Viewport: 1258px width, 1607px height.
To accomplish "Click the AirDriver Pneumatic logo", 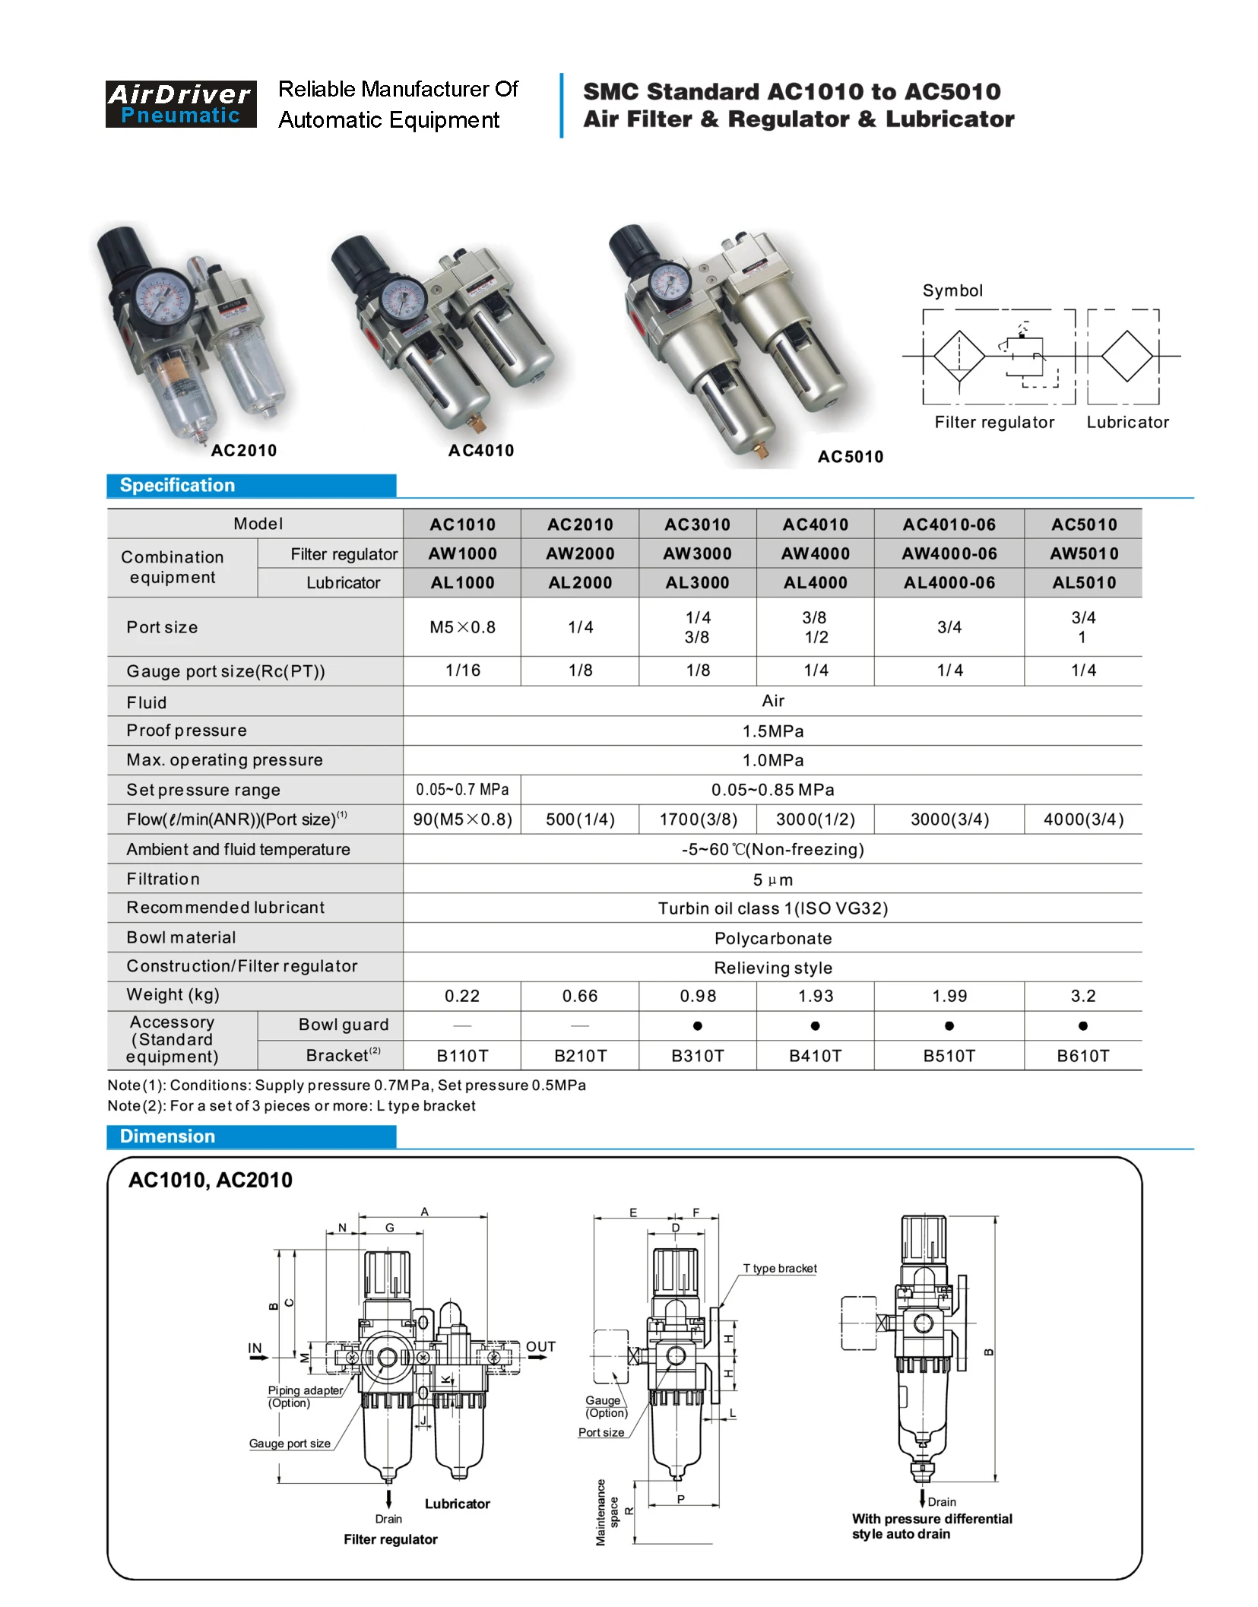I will tap(181, 104).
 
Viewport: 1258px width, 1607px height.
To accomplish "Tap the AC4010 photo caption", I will tap(480, 451).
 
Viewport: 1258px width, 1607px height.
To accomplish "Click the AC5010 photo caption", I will tap(850, 457).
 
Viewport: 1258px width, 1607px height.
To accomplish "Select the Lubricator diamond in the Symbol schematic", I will tap(1126, 356).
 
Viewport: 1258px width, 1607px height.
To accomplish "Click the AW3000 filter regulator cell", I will tap(697, 553).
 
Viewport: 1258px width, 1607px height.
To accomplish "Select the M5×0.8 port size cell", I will tap(462, 627).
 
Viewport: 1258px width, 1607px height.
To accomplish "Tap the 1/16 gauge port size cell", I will tap(462, 670).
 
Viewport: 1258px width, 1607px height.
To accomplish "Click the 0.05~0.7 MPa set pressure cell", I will tap(462, 790).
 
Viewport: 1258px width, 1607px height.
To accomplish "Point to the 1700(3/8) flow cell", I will tap(697, 819).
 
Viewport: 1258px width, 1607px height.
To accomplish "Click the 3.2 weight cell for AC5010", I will tap(1082, 996).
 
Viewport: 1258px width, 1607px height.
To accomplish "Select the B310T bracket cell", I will tap(697, 1056).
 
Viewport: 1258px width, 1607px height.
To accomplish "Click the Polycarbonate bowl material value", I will tap(772, 938).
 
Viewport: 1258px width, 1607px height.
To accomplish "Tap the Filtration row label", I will tap(163, 880).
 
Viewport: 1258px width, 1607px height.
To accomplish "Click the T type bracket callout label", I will tap(779, 1269).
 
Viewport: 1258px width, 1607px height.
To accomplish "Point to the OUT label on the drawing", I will tap(540, 1347).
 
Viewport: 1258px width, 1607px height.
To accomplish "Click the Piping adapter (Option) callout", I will tap(304, 1396).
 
